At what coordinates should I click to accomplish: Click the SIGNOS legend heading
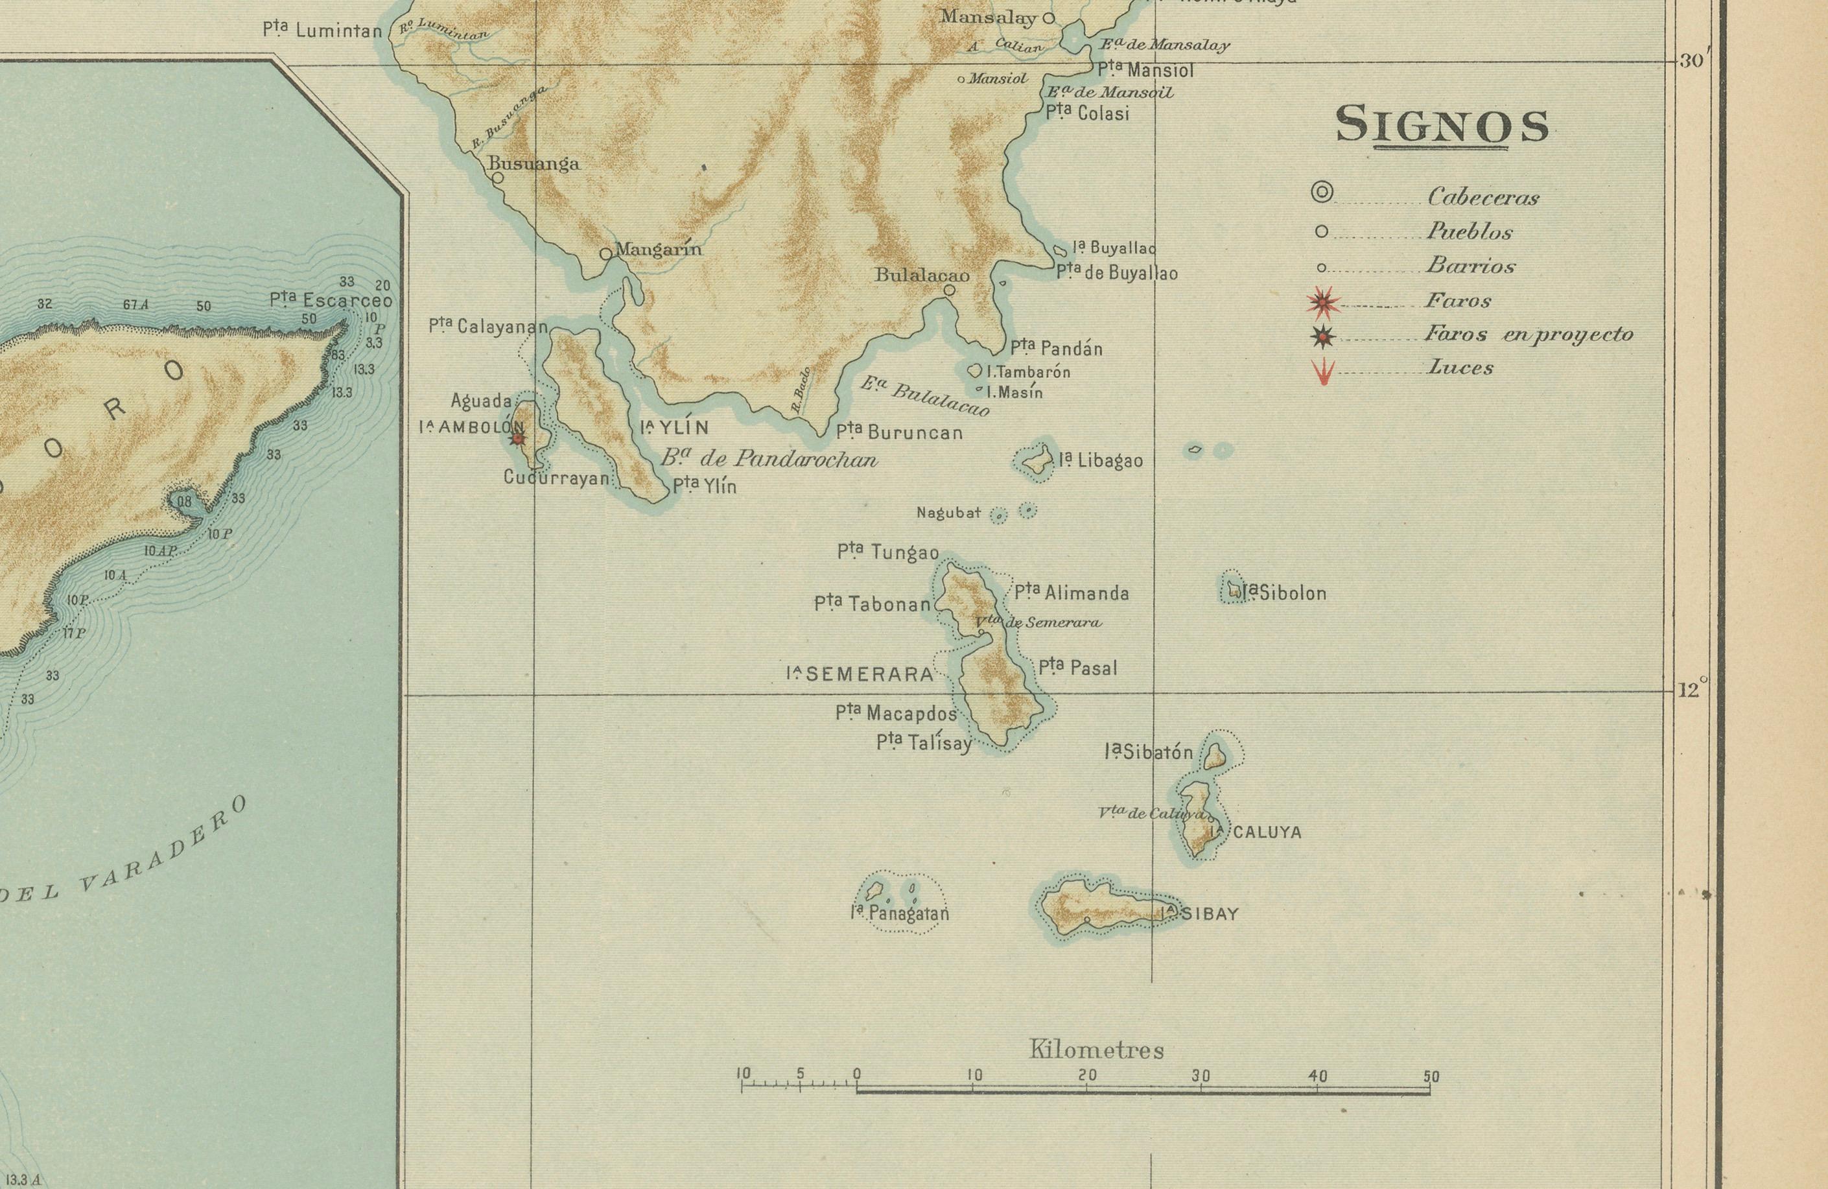pyautogui.click(x=1442, y=126)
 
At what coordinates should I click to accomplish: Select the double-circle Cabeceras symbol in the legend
pyautogui.click(x=1321, y=193)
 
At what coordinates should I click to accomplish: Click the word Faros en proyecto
pyautogui.click(x=1529, y=334)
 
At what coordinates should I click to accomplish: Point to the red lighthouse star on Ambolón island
pyautogui.click(x=519, y=438)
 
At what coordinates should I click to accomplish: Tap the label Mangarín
pyautogui.click(x=659, y=249)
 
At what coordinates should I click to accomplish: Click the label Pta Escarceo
pyautogui.click(x=331, y=300)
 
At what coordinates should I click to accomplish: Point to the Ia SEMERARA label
pyautogui.click(x=860, y=674)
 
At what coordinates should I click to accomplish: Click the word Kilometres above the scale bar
pyautogui.click(x=1096, y=1048)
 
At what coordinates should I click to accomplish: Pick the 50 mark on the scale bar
pyautogui.click(x=1430, y=1077)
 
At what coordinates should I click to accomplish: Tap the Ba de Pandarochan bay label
pyautogui.click(x=768, y=459)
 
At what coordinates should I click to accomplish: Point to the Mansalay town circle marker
pyautogui.click(x=1048, y=18)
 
